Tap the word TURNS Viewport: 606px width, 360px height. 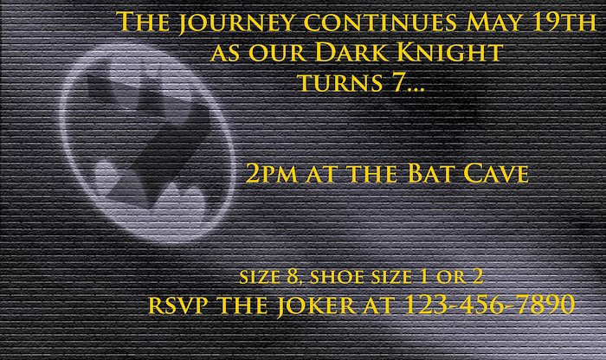coord(341,83)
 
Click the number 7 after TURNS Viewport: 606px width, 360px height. coord(397,82)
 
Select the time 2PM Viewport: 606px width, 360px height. coord(271,173)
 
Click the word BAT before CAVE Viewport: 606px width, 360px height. coord(430,173)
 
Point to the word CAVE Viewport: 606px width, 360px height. coord(496,173)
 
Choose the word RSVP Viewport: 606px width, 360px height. coord(177,305)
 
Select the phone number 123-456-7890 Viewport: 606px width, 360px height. coord(489,305)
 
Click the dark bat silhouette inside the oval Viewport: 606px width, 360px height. coord(148,140)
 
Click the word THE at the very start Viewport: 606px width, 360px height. coord(143,22)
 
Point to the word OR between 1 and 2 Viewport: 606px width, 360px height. coord(451,277)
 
